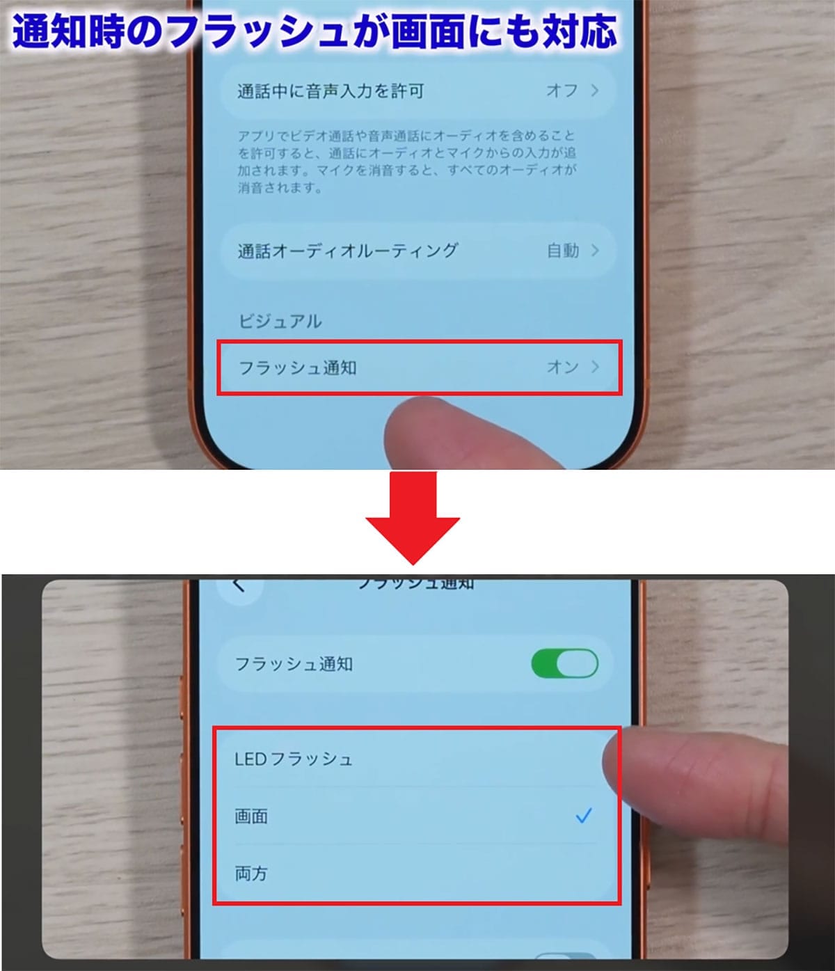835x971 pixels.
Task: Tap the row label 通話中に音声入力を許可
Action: [x=331, y=91]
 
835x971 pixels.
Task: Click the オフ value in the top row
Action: [x=562, y=90]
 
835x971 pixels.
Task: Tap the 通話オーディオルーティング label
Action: [x=348, y=251]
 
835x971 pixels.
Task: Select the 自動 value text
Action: [x=562, y=251]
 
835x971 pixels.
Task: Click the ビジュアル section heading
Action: [x=280, y=321]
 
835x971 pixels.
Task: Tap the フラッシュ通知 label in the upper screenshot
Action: [x=297, y=368]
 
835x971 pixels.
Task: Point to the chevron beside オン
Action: [x=595, y=367]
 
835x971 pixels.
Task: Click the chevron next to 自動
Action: [x=595, y=251]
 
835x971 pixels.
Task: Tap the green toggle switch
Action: [x=564, y=663]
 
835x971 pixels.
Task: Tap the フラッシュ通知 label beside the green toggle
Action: [x=294, y=664]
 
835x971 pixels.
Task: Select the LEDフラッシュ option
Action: [x=294, y=759]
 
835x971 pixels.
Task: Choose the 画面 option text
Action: [x=251, y=816]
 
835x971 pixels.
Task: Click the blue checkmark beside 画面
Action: [x=583, y=815]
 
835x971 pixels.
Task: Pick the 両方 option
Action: [x=251, y=873]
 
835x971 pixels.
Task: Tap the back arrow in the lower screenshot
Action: [x=239, y=585]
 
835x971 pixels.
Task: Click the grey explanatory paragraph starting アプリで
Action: [x=407, y=161]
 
